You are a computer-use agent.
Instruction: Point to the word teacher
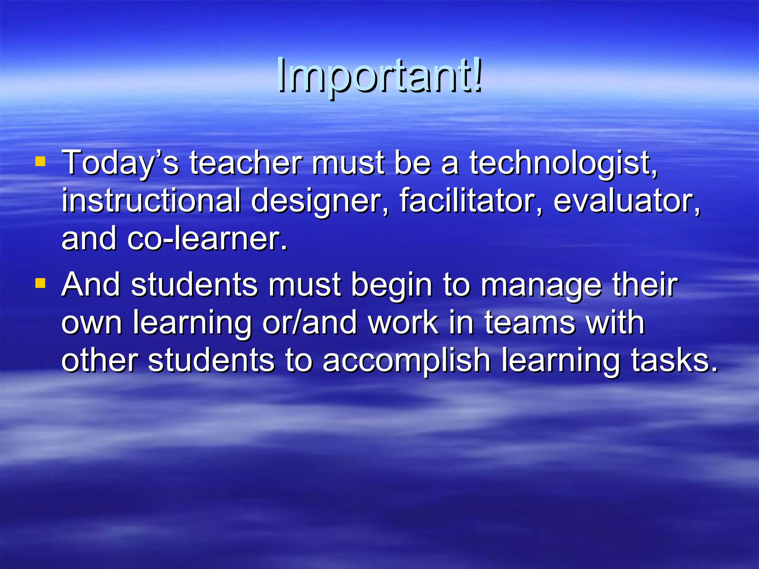click(246, 163)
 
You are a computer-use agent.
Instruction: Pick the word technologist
click(563, 163)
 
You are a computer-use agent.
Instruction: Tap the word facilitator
click(471, 201)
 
